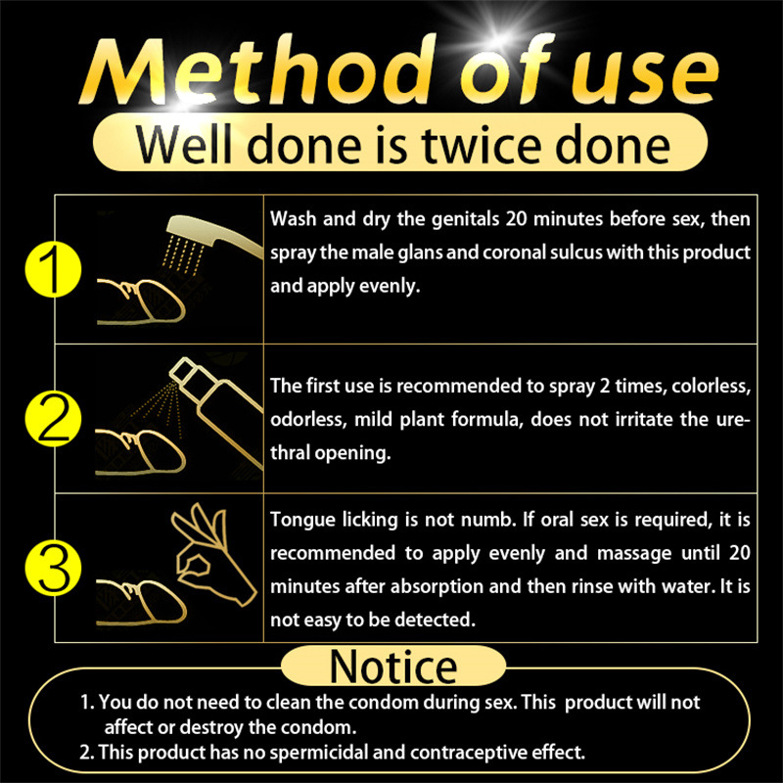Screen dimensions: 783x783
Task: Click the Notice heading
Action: coord(393,667)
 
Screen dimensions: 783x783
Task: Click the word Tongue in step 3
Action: coord(300,519)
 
